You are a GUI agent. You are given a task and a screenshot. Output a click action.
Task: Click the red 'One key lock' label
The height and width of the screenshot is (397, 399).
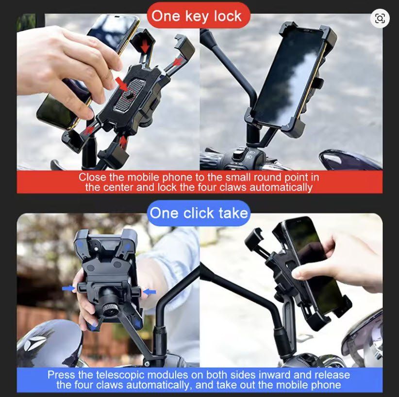coord(199,16)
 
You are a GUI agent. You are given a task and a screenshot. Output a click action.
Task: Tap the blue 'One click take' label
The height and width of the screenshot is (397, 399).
coord(199,213)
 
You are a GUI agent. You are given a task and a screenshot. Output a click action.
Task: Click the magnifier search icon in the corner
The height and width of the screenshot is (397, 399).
coord(380,18)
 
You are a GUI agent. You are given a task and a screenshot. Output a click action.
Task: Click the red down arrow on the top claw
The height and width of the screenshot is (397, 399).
coord(145,46)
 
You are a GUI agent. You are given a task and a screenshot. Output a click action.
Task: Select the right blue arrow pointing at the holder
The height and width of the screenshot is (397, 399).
coord(150,292)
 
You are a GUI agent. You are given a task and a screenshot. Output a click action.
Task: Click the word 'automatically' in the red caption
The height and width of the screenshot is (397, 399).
coord(281,188)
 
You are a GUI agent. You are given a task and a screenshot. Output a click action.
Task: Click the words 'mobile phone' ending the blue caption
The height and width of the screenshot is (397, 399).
coord(308,384)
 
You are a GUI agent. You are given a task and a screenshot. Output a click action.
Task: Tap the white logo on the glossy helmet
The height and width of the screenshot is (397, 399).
coord(35,342)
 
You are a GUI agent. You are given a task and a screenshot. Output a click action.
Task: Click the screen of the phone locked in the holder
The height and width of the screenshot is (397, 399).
coord(289,79)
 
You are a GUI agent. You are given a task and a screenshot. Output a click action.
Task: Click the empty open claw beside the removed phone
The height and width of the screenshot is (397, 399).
coord(254,240)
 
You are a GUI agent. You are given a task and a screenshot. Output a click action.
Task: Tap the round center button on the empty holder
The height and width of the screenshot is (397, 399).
coord(129,95)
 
